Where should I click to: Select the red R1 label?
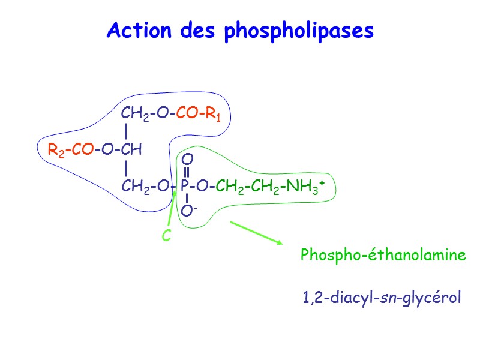click(x=213, y=114)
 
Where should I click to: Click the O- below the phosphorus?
click(x=188, y=211)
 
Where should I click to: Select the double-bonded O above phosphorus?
click(x=187, y=160)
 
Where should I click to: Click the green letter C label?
click(x=167, y=237)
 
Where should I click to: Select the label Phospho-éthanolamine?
click(x=383, y=256)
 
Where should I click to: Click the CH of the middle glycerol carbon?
click(x=131, y=150)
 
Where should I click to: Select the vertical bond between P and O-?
click(x=187, y=199)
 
